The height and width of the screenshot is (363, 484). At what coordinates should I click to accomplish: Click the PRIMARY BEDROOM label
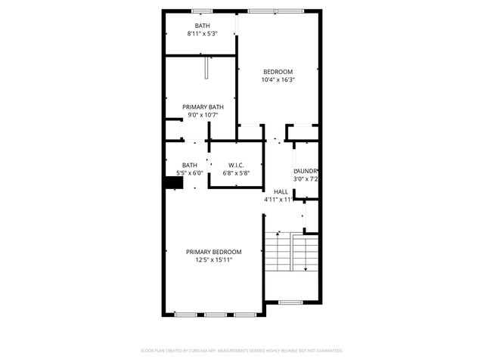tap(214, 252)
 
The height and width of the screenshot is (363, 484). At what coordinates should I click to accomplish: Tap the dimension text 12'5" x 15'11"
tap(214, 260)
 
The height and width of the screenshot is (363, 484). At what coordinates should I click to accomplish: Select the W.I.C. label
tap(235, 165)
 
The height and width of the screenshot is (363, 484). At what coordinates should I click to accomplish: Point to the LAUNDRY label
tap(306, 171)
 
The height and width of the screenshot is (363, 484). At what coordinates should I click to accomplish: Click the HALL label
tap(281, 192)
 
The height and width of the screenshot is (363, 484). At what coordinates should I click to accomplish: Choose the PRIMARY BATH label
tap(202, 107)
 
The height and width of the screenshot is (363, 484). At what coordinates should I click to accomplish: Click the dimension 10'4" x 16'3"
tap(278, 79)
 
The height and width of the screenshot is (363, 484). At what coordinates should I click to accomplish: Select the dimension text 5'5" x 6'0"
tap(189, 173)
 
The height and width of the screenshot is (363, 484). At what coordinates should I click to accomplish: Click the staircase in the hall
tap(290, 253)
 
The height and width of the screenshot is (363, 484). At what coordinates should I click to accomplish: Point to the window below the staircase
tap(290, 302)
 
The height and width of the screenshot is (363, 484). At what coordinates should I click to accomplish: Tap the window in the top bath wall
tap(202, 11)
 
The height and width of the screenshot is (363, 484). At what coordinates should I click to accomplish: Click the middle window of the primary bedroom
tap(215, 314)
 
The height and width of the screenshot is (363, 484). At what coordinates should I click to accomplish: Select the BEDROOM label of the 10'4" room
tap(278, 71)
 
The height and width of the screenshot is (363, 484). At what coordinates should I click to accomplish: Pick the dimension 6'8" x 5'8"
tap(235, 173)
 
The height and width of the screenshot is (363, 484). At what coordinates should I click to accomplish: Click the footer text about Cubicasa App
tap(242, 351)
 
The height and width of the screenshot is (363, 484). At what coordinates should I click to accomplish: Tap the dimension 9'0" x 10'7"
tap(202, 115)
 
